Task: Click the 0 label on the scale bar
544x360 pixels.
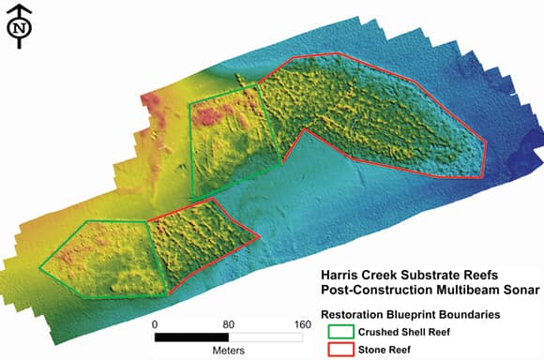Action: [x=155, y=324]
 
